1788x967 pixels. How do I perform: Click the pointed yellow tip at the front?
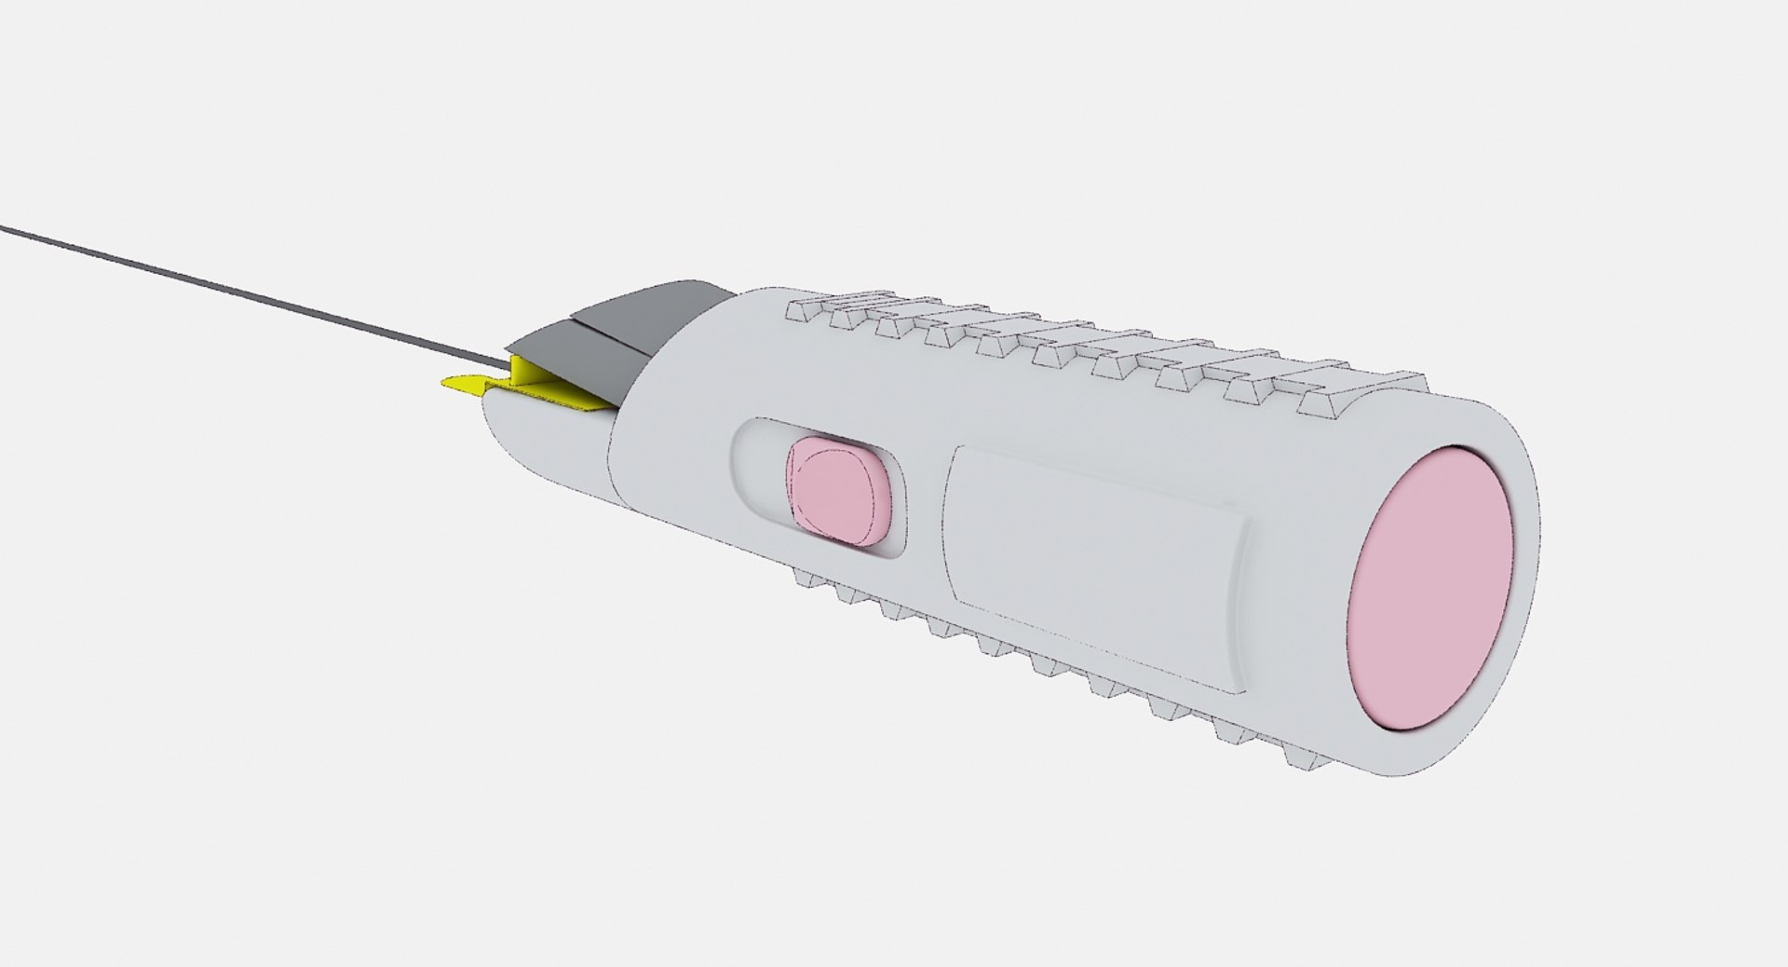tap(456, 383)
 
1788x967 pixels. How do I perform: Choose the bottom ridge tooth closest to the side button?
tap(815, 580)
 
